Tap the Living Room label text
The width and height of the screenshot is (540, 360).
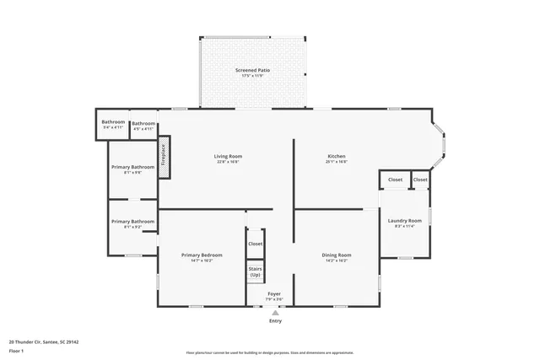(x=228, y=156)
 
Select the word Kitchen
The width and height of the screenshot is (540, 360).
(x=337, y=156)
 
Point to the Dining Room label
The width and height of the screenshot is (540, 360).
(x=337, y=255)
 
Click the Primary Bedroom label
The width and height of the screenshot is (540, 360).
(x=202, y=255)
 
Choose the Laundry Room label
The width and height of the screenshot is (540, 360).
(x=404, y=221)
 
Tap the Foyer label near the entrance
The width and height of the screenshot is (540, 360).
(x=274, y=293)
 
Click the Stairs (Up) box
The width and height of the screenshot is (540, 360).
(x=255, y=272)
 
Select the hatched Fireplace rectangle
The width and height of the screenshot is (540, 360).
(x=165, y=158)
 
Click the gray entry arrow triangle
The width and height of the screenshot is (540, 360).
(x=275, y=312)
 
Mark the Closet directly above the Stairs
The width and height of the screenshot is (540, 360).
(x=255, y=244)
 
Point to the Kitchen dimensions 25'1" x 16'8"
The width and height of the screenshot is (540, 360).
(x=337, y=162)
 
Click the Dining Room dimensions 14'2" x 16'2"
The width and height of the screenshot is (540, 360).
(x=337, y=261)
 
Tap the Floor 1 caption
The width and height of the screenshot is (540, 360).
(x=16, y=352)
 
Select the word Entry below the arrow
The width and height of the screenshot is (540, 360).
(x=275, y=321)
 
